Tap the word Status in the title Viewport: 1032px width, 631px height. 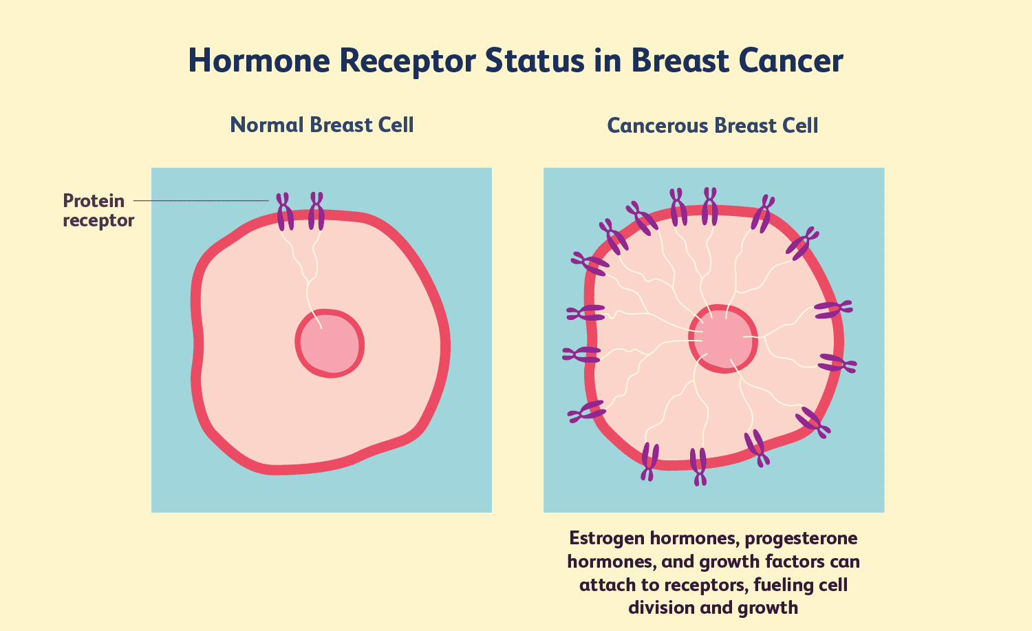(x=529, y=61)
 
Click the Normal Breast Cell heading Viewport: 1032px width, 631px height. (x=322, y=125)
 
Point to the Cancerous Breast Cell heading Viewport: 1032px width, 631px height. (x=713, y=125)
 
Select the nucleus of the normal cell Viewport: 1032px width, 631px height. (x=330, y=343)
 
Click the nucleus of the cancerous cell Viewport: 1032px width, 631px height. (x=723, y=339)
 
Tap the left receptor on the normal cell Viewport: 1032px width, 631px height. (x=284, y=211)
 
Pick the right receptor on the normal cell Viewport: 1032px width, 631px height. (x=316, y=211)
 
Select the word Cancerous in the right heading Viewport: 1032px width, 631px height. (x=657, y=125)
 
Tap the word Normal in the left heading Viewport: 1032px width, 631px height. (x=266, y=125)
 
